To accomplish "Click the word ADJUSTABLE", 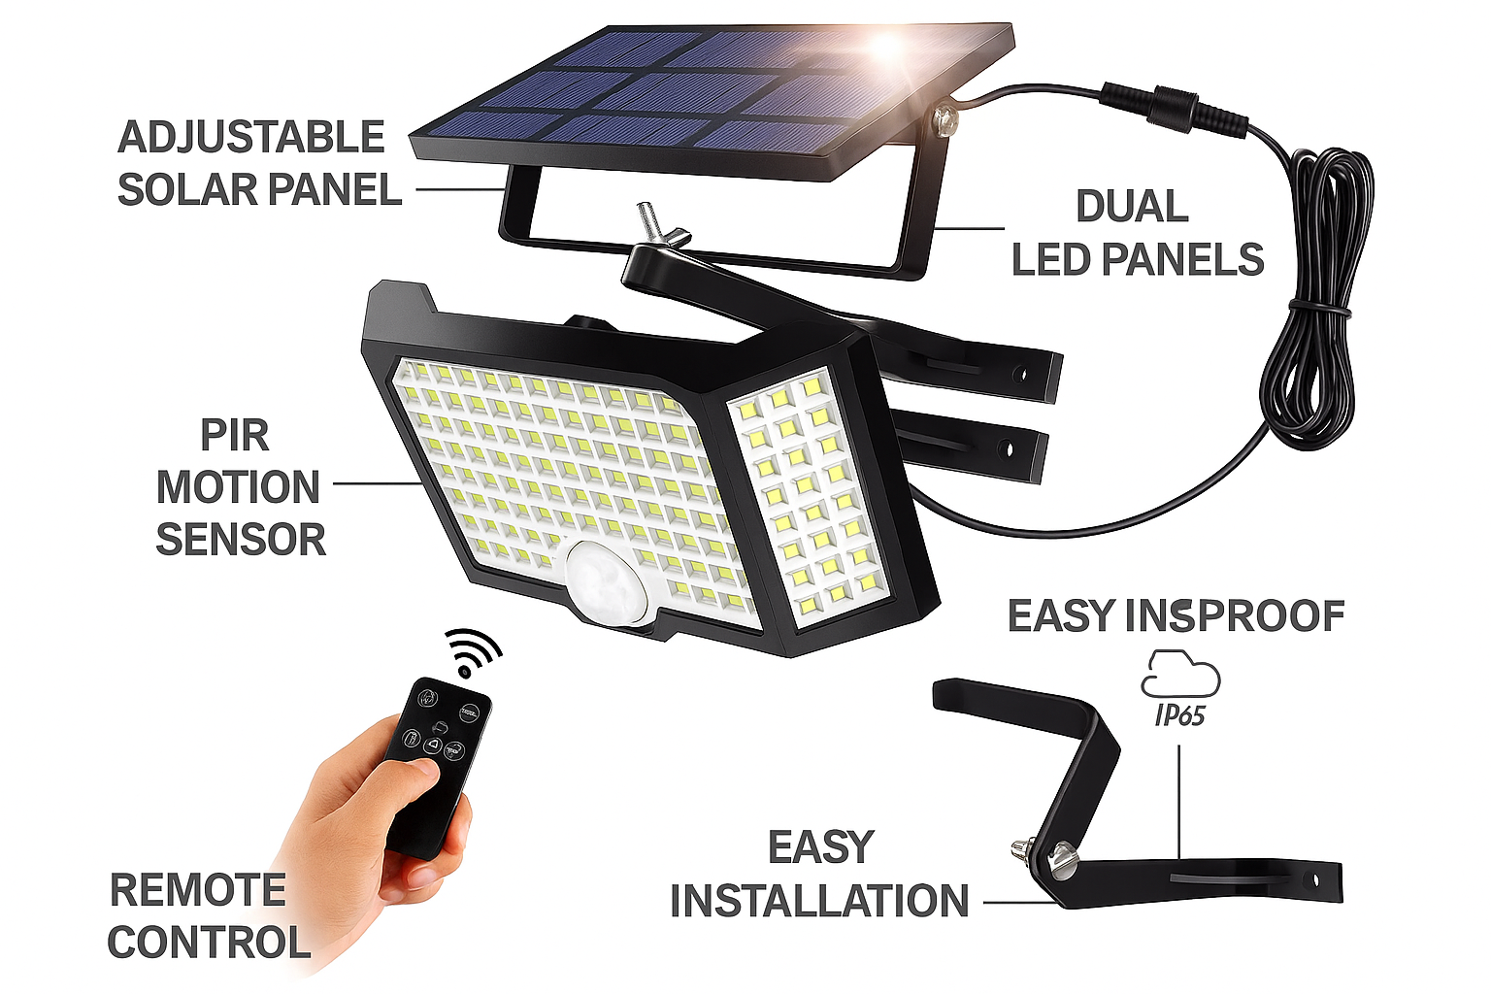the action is pyautogui.click(x=251, y=137).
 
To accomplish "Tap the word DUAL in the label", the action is pyautogui.click(x=1132, y=207).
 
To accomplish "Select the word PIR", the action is pyautogui.click(x=235, y=436).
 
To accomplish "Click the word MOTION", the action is pyautogui.click(x=238, y=487).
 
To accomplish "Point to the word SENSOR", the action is pyautogui.click(x=241, y=540).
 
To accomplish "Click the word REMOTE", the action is pyautogui.click(x=198, y=890).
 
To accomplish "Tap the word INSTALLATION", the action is pyautogui.click(x=819, y=901).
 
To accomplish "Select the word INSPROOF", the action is pyautogui.click(x=1235, y=615).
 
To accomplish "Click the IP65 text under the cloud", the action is pyautogui.click(x=1180, y=715).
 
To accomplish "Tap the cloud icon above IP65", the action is pyautogui.click(x=1180, y=674).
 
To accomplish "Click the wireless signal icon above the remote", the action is pyautogui.click(x=472, y=652).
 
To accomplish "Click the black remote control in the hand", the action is pyautogui.click(x=438, y=766).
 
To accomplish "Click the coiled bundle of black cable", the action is pyautogui.click(x=1313, y=300).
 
